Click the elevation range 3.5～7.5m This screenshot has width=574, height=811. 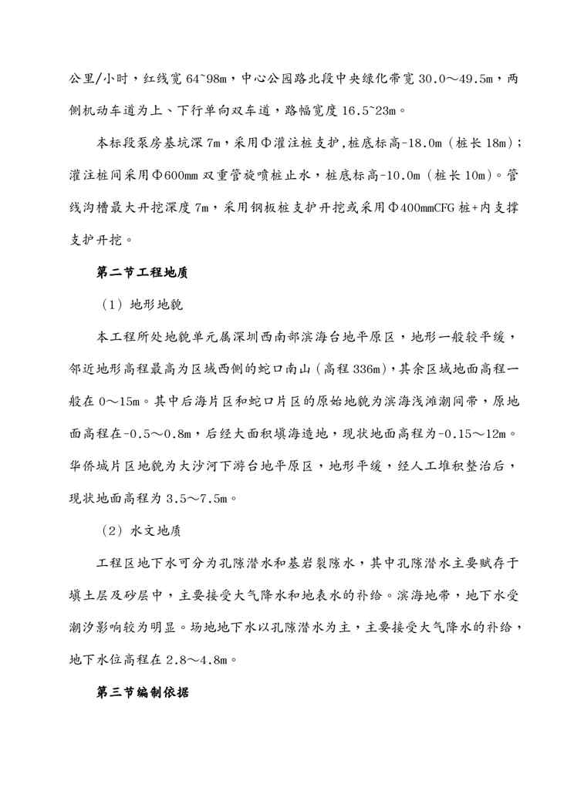coord(196,498)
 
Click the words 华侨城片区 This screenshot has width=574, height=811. coord(103,466)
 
